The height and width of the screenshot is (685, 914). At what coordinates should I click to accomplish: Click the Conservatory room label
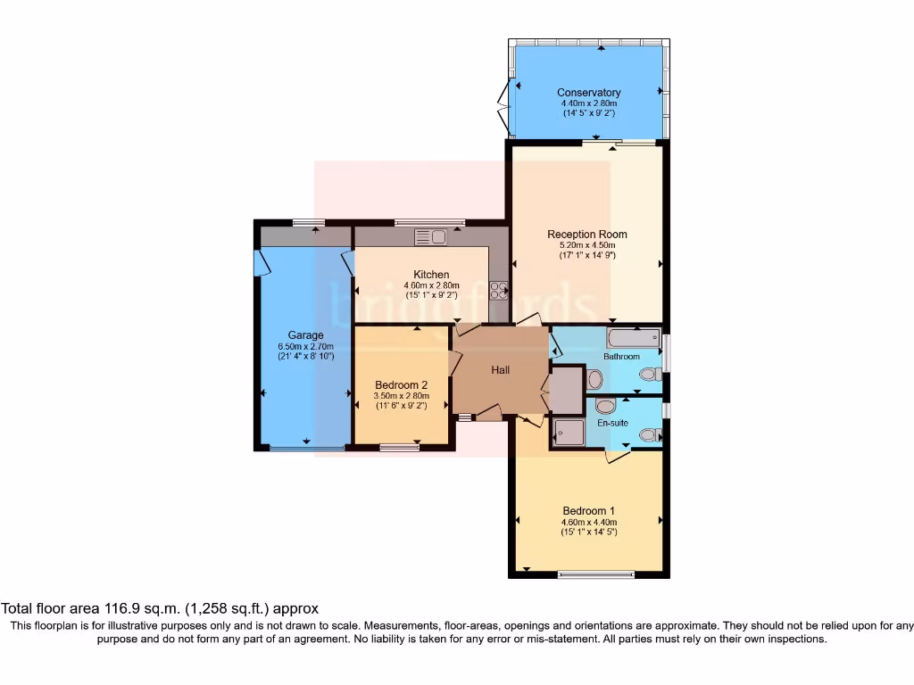pyautogui.click(x=588, y=93)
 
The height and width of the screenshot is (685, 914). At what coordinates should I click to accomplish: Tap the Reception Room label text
pyautogui.click(x=588, y=235)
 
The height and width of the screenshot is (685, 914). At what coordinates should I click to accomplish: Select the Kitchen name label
pyautogui.click(x=431, y=274)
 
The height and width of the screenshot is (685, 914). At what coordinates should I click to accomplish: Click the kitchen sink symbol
pyautogui.click(x=430, y=236)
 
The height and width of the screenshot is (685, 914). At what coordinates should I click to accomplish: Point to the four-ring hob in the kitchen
pyautogui.click(x=499, y=290)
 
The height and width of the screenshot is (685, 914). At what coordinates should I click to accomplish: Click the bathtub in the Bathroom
pyautogui.click(x=633, y=338)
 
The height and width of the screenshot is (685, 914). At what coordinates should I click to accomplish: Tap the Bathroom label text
pyautogui.click(x=621, y=357)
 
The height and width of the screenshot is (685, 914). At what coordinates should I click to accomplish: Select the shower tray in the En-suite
pyautogui.click(x=568, y=432)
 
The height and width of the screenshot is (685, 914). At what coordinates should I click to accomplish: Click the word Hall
pyautogui.click(x=501, y=369)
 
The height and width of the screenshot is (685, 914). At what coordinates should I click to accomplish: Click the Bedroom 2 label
pyautogui.click(x=402, y=385)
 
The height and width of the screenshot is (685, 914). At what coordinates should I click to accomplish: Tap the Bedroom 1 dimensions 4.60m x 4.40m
pyautogui.click(x=588, y=523)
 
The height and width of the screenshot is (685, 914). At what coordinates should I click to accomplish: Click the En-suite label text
pyautogui.click(x=613, y=423)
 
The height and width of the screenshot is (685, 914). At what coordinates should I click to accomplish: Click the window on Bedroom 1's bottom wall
pyautogui.click(x=596, y=574)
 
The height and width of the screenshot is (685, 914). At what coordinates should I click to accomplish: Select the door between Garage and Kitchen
pyautogui.click(x=348, y=260)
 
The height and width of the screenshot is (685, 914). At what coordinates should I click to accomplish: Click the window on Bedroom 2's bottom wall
pyautogui.click(x=399, y=447)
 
